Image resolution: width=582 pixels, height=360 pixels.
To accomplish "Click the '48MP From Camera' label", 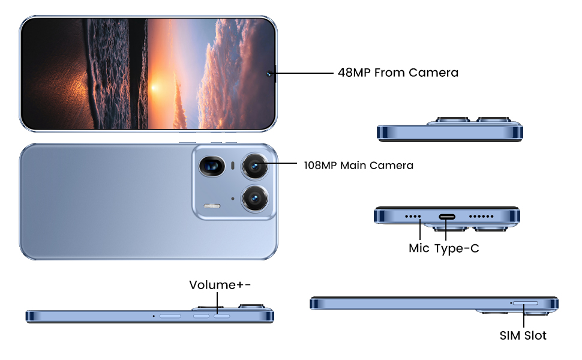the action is click(398, 73).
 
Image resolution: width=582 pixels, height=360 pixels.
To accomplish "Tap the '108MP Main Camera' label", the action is click(358, 165).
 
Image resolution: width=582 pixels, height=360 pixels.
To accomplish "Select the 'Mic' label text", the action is click(419, 248).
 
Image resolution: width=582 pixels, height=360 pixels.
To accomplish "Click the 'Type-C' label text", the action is click(457, 248).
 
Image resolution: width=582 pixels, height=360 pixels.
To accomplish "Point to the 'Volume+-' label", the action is click(220, 284).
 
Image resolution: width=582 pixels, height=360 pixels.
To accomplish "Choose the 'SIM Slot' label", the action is click(523, 335).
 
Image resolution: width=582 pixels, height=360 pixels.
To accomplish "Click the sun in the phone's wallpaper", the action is click(154, 88).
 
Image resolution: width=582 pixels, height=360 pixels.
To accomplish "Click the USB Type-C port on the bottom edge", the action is click(448, 217).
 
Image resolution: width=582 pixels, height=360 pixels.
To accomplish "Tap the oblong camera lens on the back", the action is click(212, 165).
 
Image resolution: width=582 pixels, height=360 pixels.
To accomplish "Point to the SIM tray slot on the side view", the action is click(526, 304).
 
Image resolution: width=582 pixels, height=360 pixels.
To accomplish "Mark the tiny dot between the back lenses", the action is click(232, 198).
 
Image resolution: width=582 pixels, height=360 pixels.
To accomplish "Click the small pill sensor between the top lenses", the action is click(232, 164).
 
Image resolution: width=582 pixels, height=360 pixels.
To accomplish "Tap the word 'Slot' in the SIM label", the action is click(534, 335).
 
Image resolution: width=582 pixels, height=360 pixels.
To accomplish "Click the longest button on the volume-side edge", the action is click(170, 316).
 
